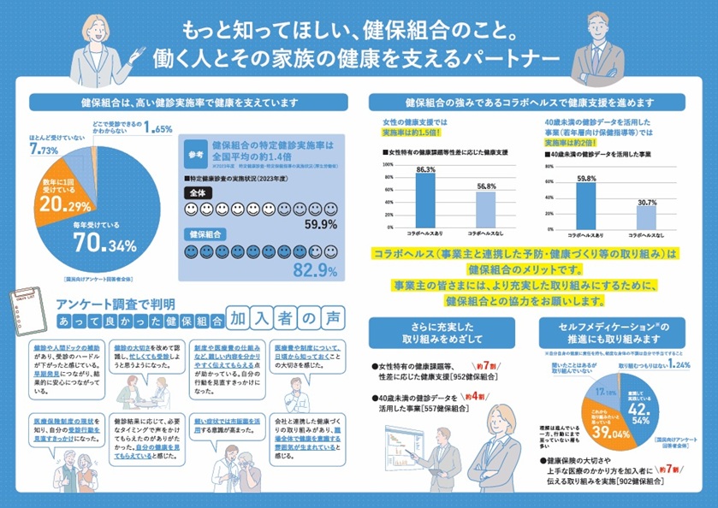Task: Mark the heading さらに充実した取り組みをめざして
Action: [425, 333]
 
